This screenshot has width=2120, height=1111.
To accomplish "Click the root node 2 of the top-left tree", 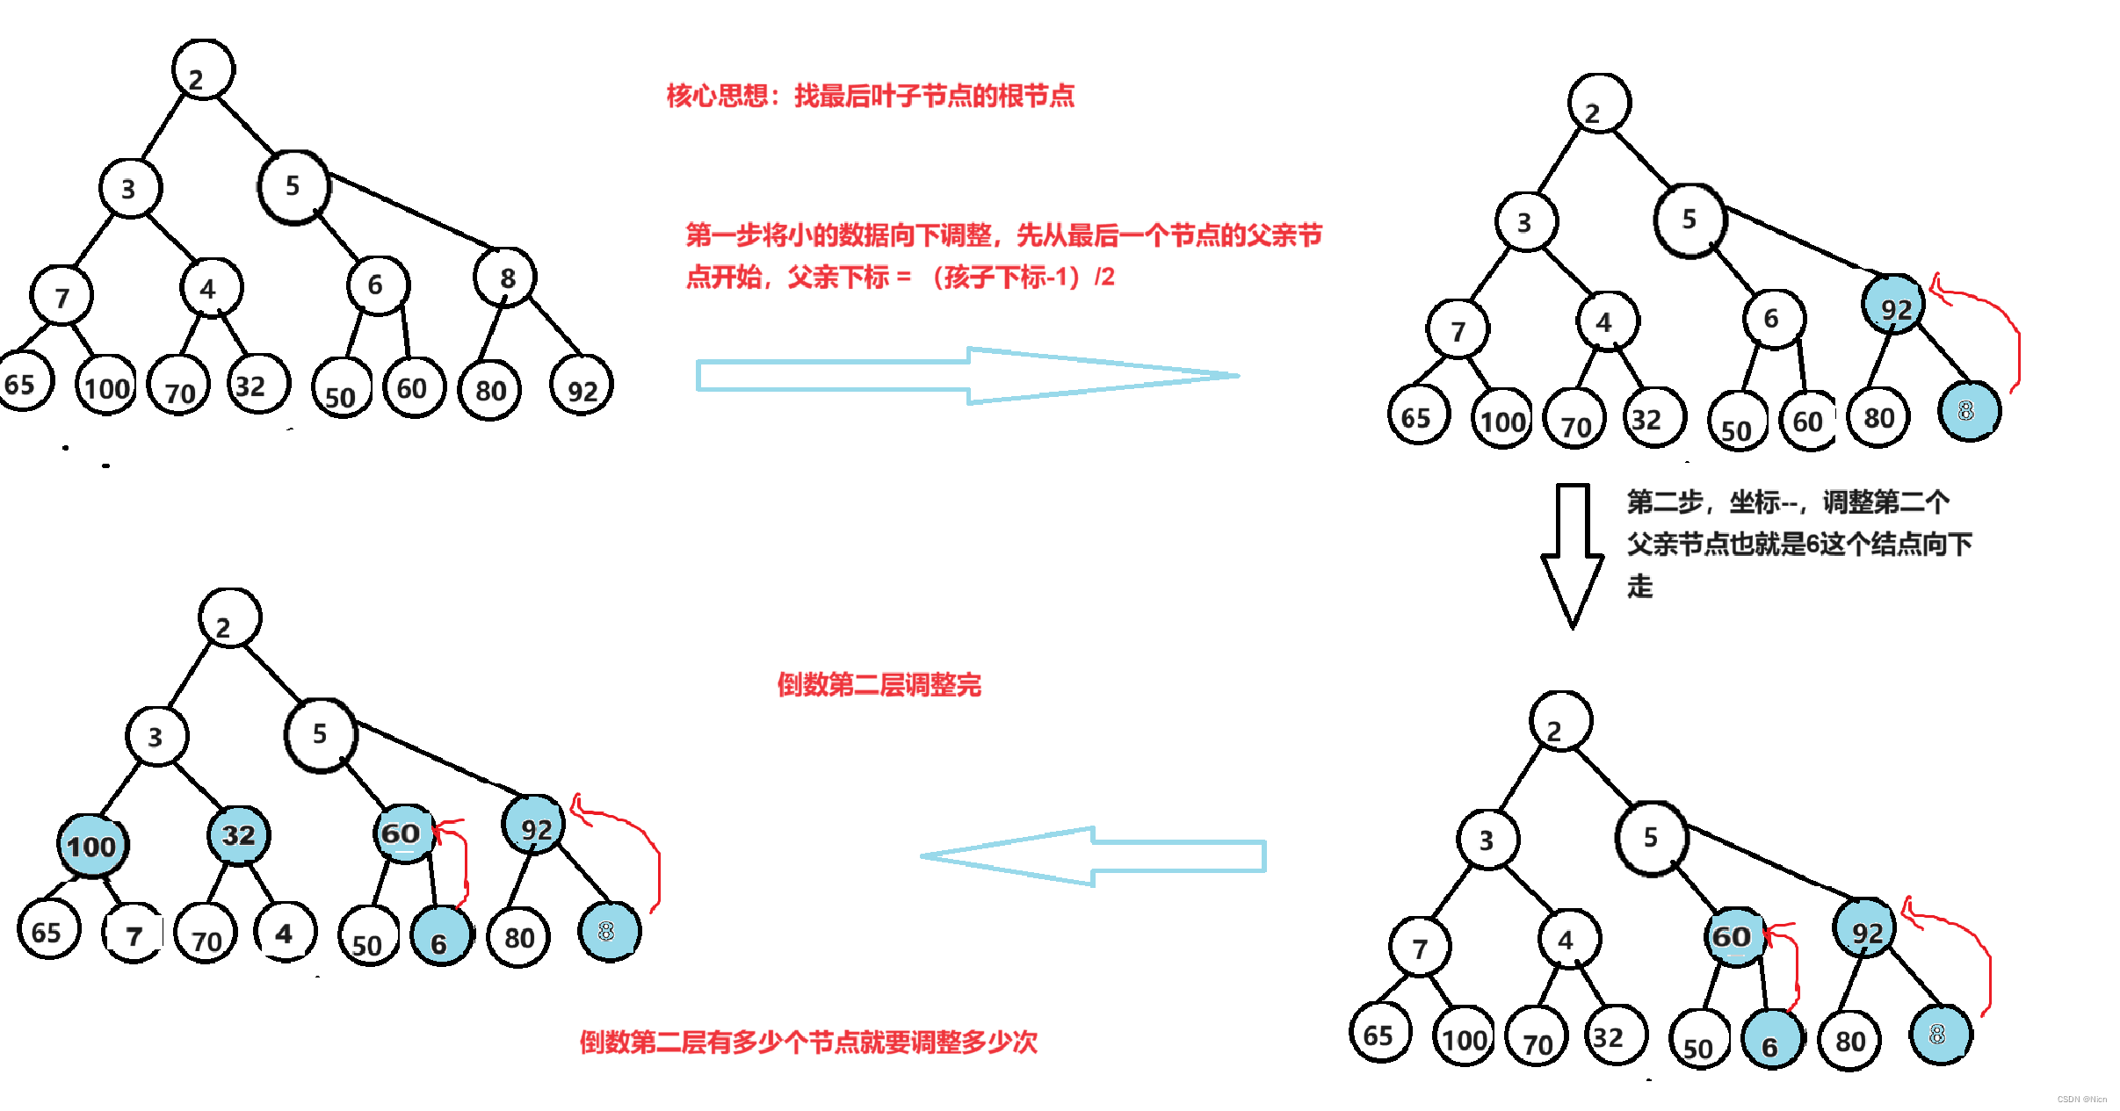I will pos(203,70).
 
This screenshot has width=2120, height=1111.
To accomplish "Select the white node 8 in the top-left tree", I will pos(505,278).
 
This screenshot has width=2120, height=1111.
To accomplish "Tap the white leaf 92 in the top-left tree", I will pos(581,386).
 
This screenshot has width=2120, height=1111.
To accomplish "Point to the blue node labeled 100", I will pos(92,845).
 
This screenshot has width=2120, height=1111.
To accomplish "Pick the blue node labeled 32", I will pos(239,834).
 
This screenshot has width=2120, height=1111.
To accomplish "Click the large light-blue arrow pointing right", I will pos(966,376).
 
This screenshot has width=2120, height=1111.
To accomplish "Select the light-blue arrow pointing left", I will pos(1093,856).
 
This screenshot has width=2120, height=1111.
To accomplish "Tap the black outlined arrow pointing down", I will pos(1573,553).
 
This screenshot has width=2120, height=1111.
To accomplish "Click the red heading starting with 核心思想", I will pos(870,96).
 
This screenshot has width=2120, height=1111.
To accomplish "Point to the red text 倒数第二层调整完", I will pos(879,685).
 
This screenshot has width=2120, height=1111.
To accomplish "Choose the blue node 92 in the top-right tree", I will pos(1893,305).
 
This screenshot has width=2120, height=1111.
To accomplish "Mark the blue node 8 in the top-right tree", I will pos(1969,411).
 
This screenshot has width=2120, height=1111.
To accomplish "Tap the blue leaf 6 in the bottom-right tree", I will pos(1772,1041).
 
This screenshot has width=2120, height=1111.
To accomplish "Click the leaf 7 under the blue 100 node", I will pos(134,934).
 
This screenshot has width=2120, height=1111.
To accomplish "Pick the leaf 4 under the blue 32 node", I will pos(285,932).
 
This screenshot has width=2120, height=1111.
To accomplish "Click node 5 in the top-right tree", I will pos(1689,220).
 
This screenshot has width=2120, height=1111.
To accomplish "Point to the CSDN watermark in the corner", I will pos(2081,1099).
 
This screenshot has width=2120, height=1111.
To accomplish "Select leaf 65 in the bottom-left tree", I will pos(47,930).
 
